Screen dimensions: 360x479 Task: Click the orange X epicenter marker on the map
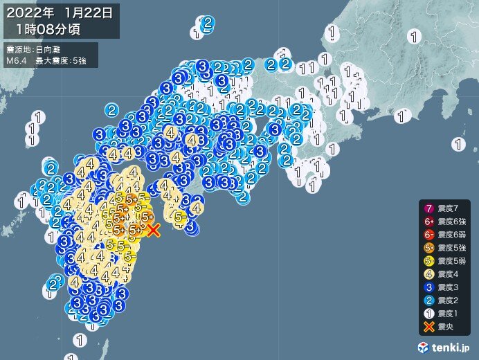click(x=154, y=230)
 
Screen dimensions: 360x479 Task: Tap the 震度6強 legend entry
click(x=443, y=222)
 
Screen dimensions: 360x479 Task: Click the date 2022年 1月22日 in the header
click(x=62, y=12)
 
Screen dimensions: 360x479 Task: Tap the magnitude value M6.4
click(x=17, y=61)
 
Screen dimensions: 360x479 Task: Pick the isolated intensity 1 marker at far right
click(x=458, y=145)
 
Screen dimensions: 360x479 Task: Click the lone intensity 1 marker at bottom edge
click(x=82, y=340)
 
